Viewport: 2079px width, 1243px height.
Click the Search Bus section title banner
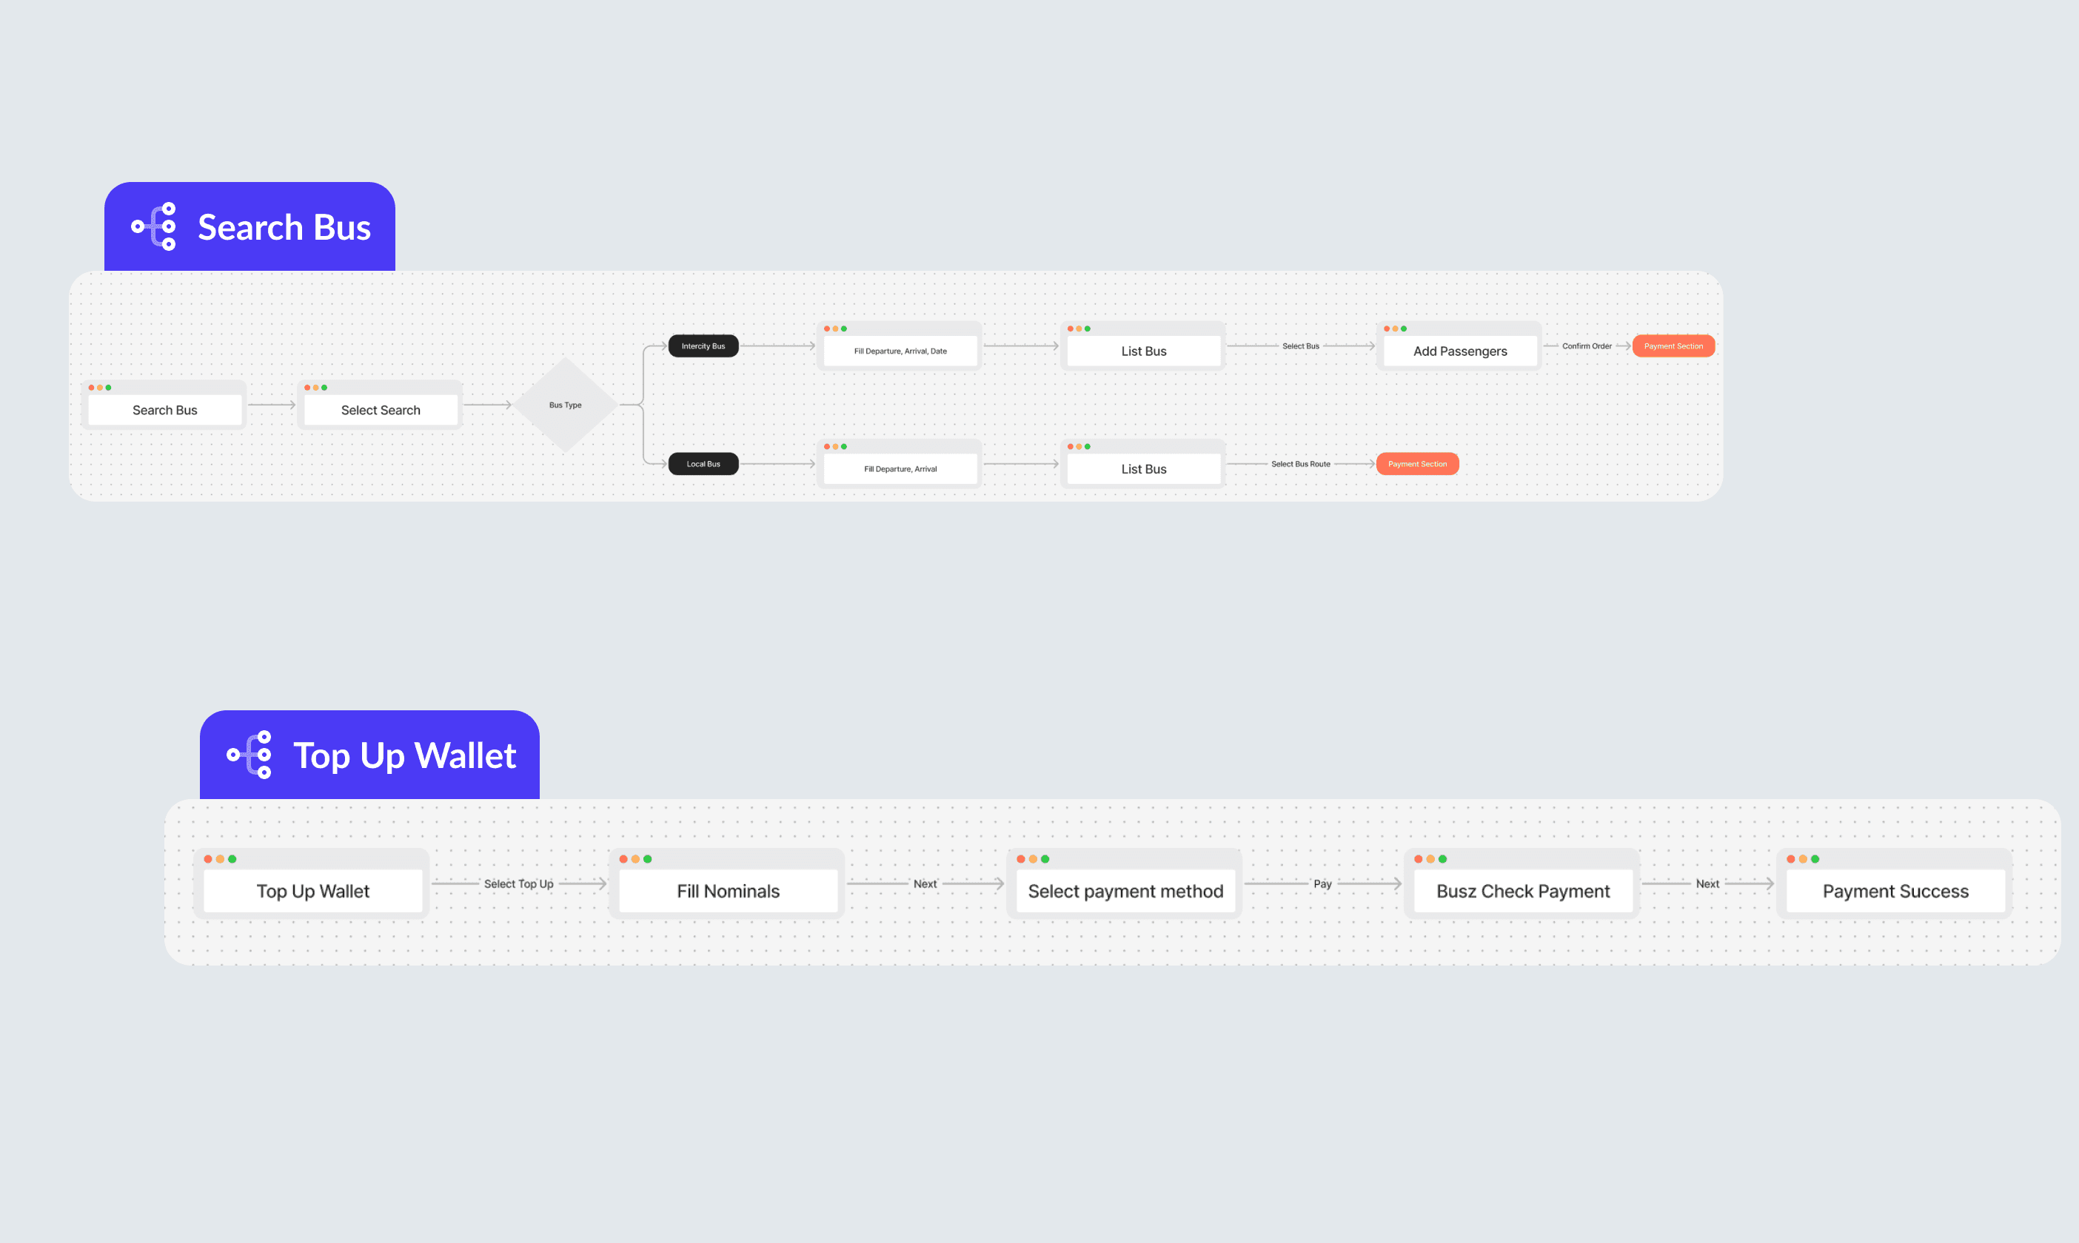[x=250, y=227]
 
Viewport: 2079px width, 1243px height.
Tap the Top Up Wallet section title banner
[x=369, y=755]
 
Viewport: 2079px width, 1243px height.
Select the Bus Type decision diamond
[x=566, y=405]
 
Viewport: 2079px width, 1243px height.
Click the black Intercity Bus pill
[x=703, y=346]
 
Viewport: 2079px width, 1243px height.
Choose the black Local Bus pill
[x=703, y=464]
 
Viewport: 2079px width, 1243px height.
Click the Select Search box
[x=381, y=410]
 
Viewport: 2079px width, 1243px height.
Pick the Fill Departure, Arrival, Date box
[x=900, y=351]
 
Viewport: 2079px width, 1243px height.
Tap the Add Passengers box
[x=1460, y=351]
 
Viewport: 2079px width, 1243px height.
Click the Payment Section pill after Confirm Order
[x=1673, y=346]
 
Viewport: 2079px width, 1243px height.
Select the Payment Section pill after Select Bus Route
[x=1417, y=464]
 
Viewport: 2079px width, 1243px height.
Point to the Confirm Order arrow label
[x=1587, y=346]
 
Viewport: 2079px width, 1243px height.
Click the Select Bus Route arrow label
[x=1301, y=464]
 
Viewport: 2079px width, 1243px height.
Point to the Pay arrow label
[x=1322, y=883]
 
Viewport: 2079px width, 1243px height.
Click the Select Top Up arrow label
[x=519, y=883]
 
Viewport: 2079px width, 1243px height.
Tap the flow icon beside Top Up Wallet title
[x=250, y=755]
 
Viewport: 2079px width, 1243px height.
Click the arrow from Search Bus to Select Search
[x=272, y=405]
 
